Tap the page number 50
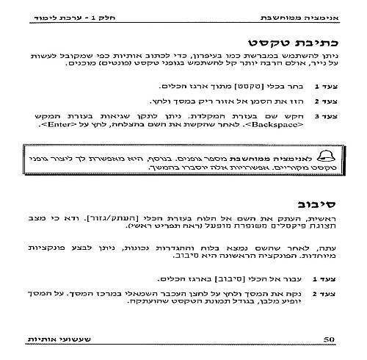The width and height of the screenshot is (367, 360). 330,339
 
